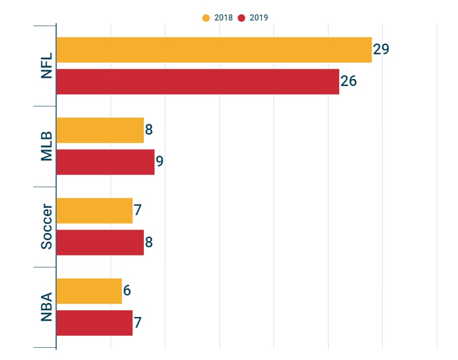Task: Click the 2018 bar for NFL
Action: tap(214, 50)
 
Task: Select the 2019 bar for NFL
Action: tap(198, 81)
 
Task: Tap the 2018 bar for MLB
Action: tap(100, 130)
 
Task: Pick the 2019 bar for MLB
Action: tap(105, 162)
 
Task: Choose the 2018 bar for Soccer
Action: tap(94, 210)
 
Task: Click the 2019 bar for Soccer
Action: tap(100, 242)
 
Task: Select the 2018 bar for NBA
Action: tap(89, 291)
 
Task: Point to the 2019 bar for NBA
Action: tap(94, 323)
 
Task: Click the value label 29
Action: tap(381, 49)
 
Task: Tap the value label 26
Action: tap(348, 81)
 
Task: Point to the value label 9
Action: tap(160, 162)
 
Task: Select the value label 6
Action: tap(127, 290)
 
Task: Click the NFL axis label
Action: tap(47, 66)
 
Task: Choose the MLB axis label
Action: tap(47, 146)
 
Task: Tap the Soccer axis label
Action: tap(47, 227)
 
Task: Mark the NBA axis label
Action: tap(47, 307)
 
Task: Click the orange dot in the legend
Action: tap(206, 18)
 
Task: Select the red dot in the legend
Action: tap(241, 18)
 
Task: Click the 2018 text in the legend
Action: tap(223, 18)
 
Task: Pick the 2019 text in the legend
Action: tap(258, 18)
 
